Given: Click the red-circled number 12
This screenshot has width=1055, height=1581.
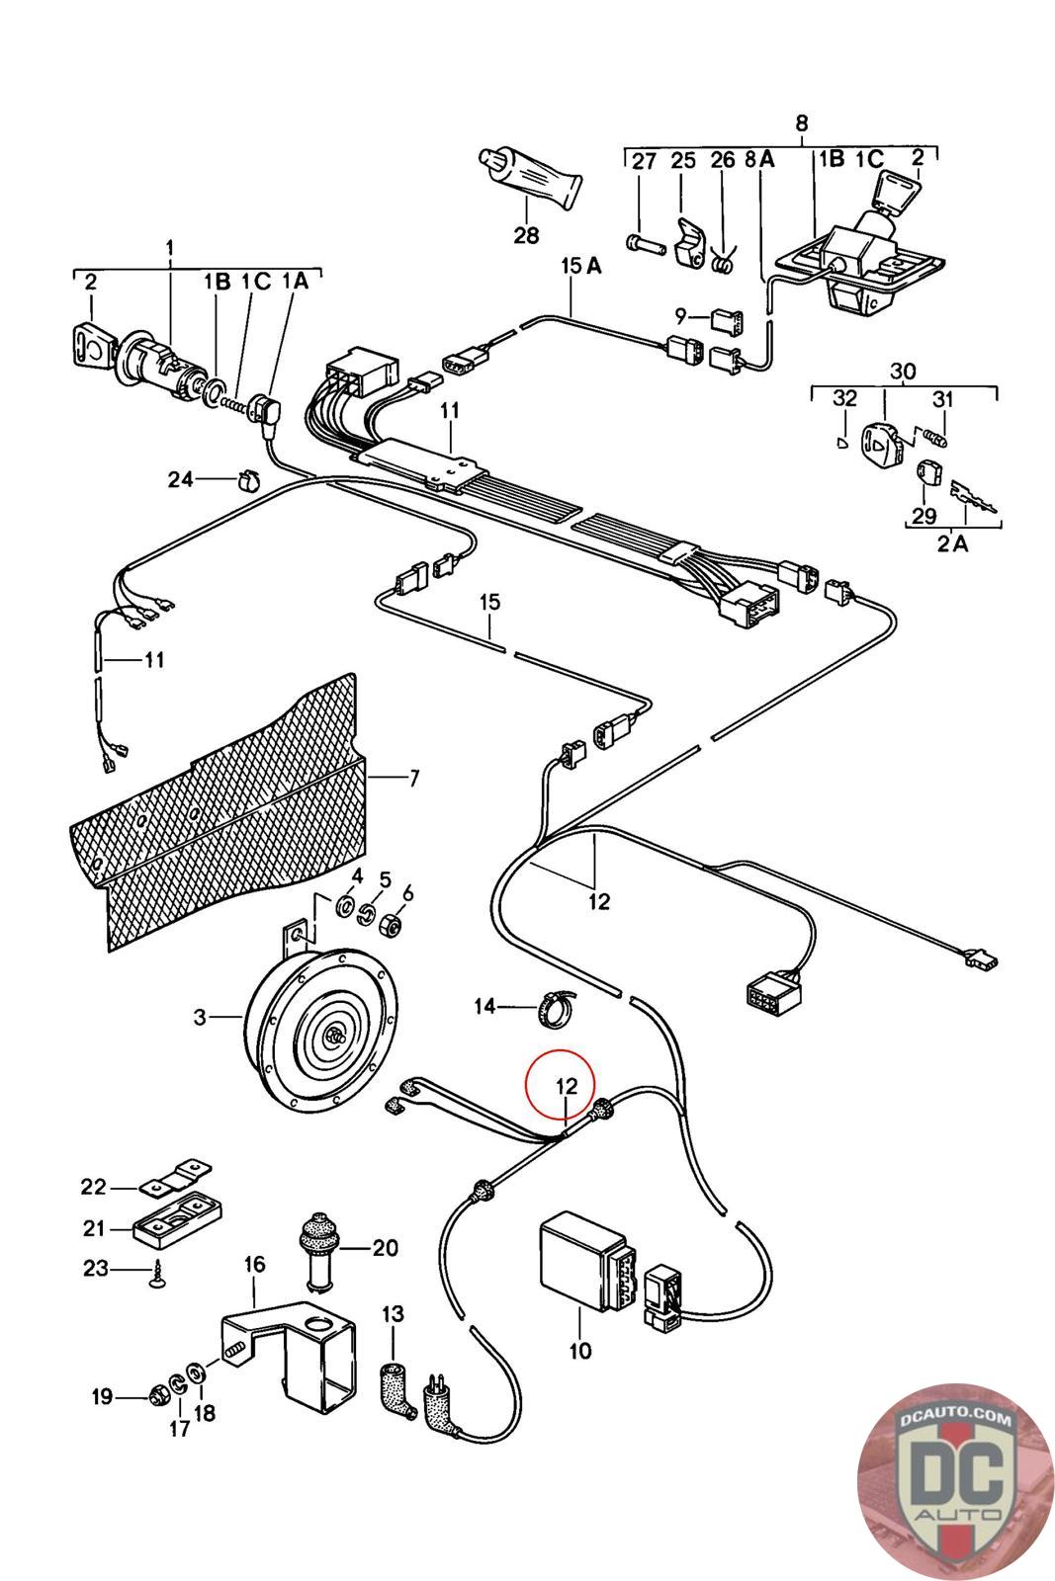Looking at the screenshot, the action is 567,1086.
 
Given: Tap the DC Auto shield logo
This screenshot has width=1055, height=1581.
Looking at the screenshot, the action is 956,1483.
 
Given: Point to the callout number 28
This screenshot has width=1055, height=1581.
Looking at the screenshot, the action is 526,235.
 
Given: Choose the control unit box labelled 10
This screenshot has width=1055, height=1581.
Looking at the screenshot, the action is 582,1261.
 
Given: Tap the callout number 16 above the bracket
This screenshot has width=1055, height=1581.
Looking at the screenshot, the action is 254,1264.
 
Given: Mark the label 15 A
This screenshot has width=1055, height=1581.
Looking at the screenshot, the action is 581,266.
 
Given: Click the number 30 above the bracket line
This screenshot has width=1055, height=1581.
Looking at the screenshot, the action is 903,371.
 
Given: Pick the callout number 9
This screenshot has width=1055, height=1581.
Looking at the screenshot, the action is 680,315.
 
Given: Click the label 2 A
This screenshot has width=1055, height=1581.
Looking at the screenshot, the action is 952,543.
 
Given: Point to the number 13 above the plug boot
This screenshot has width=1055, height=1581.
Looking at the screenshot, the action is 393,1314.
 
